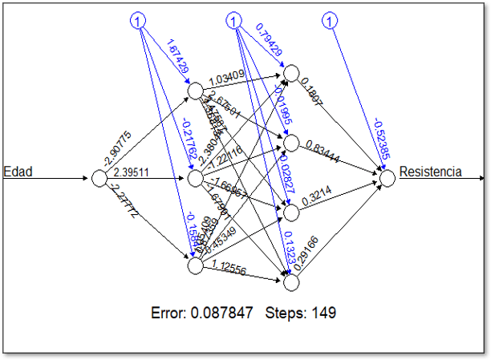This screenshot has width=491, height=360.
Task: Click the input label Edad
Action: (x=18, y=170)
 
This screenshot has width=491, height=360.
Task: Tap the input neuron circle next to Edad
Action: (x=99, y=178)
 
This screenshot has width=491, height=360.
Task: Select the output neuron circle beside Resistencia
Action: (x=388, y=178)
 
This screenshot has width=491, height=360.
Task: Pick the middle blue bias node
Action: (x=234, y=21)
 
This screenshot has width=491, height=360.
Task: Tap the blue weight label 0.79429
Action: (x=269, y=40)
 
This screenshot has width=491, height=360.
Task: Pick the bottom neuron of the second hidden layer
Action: (x=291, y=281)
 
